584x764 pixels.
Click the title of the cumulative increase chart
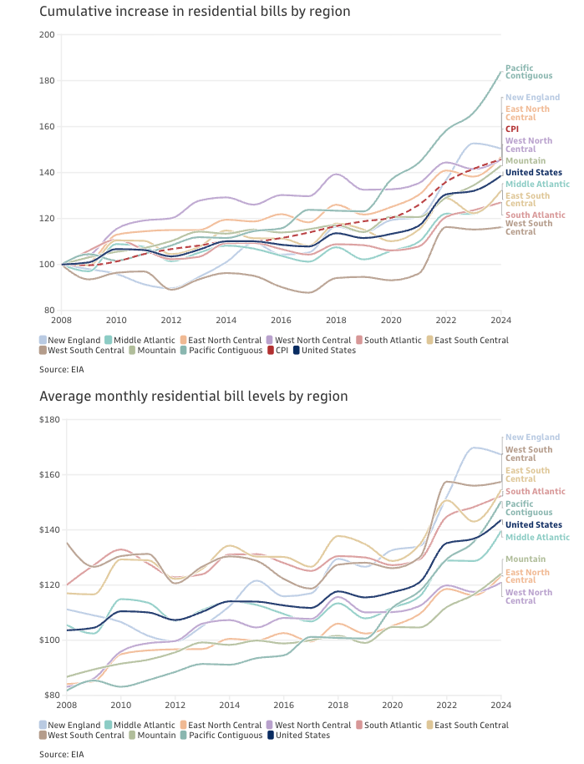[x=195, y=12]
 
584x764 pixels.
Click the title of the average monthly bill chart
[x=193, y=396]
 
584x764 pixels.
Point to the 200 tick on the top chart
[x=47, y=35]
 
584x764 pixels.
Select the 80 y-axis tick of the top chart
[x=49, y=311]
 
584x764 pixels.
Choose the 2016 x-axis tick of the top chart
[x=281, y=320]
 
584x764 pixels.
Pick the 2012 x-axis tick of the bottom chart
[x=171, y=704]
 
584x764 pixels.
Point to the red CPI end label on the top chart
[x=512, y=129]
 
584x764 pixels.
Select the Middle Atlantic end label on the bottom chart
[x=533, y=537]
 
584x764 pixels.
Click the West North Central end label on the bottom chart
[x=529, y=596]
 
